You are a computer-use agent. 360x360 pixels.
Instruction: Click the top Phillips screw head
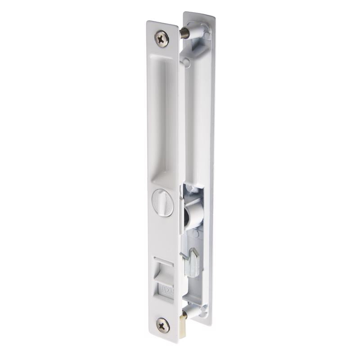coord(162,38)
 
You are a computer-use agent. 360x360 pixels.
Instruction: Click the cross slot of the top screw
coord(162,38)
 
